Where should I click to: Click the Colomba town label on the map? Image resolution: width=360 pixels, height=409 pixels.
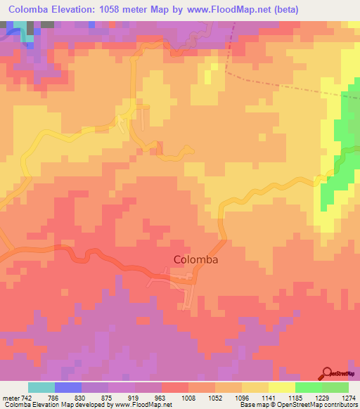coord(195,259)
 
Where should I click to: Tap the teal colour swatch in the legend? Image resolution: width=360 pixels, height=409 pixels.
coord(41,388)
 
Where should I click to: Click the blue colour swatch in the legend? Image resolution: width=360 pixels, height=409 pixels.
coord(68,388)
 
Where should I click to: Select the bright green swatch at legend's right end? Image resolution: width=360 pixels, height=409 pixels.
coord(335,388)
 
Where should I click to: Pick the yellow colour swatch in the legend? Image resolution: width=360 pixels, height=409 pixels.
coord(282,388)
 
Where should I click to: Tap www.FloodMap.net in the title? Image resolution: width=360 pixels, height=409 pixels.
coord(229,10)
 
